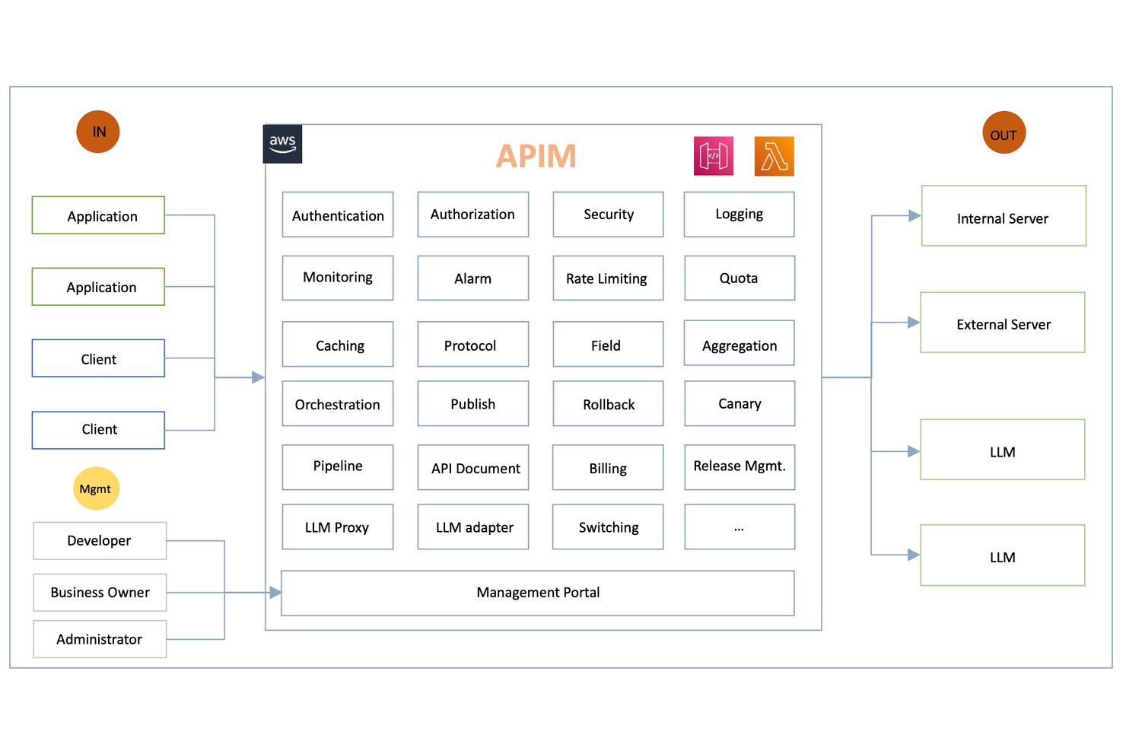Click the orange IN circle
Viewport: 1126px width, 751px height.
coord(98,132)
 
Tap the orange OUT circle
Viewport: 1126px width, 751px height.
coord(1004,132)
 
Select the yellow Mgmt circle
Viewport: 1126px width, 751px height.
coord(96,488)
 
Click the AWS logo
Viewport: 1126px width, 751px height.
coord(282,144)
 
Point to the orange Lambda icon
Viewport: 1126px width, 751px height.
coord(774,156)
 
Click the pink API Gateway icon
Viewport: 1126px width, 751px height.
coord(714,156)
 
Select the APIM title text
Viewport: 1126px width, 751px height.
coord(536,156)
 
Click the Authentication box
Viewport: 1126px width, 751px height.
coord(338,215)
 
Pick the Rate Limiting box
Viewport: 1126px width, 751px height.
coord(608,278)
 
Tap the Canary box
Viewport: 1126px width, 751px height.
coord(740,403)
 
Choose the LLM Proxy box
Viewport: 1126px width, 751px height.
coord(338,527)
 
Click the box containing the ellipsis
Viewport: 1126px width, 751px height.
coord(740,527)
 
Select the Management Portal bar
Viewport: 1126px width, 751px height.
coord(538,593)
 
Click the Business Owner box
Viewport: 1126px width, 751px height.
coord(100,593)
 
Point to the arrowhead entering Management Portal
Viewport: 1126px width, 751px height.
coord(275,592)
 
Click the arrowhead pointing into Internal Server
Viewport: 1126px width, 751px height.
coord(914,216)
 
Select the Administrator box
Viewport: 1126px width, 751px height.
coord(100,639)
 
